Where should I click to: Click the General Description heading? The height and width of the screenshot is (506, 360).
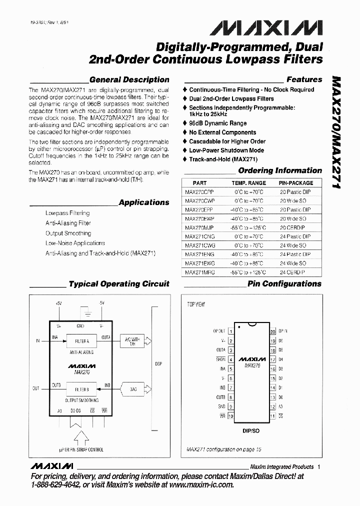click(x=129, y=79)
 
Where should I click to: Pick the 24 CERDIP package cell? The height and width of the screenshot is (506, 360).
click(x=292, y=272)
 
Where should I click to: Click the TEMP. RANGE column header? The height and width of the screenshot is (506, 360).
click(x=248, y=183)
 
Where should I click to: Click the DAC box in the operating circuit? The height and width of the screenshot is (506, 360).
click(x=132, y=388)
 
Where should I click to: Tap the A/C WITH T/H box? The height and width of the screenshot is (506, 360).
click(x=132, y=341)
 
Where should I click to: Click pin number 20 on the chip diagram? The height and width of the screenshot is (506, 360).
click(x=273, y=331)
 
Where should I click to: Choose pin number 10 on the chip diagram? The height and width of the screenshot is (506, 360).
click(x=230, y=415)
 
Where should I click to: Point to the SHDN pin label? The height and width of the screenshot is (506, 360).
click(x=220, y=359)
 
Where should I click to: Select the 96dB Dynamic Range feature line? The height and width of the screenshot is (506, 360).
click(x=217, y=123)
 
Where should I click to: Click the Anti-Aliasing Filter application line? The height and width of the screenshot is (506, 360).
click(x=68, y=223)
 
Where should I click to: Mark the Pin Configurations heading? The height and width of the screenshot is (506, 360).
click(x=284, y=283)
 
